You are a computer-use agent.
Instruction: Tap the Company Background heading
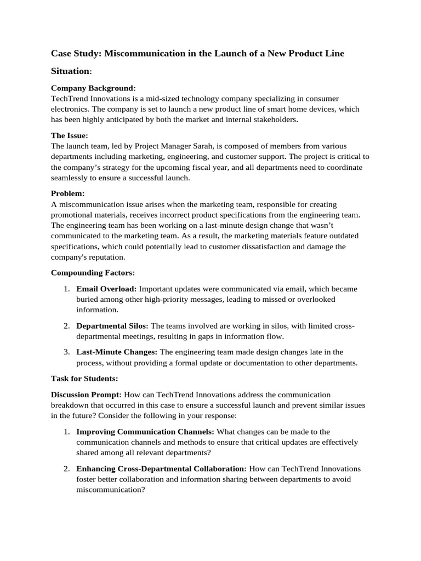(x=93, y=88)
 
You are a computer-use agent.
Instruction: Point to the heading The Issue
(x=69, y=135)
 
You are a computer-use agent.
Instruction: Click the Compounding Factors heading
(x=93, y=272)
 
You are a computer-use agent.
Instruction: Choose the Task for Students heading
(x=84, y=379)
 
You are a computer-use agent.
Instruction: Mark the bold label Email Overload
(x=106, y=289)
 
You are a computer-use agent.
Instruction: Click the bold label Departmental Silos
(x=112, y=326)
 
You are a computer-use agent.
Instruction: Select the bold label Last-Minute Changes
(x=117, y=352)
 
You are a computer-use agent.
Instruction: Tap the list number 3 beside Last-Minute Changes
(x=65, y=352)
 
